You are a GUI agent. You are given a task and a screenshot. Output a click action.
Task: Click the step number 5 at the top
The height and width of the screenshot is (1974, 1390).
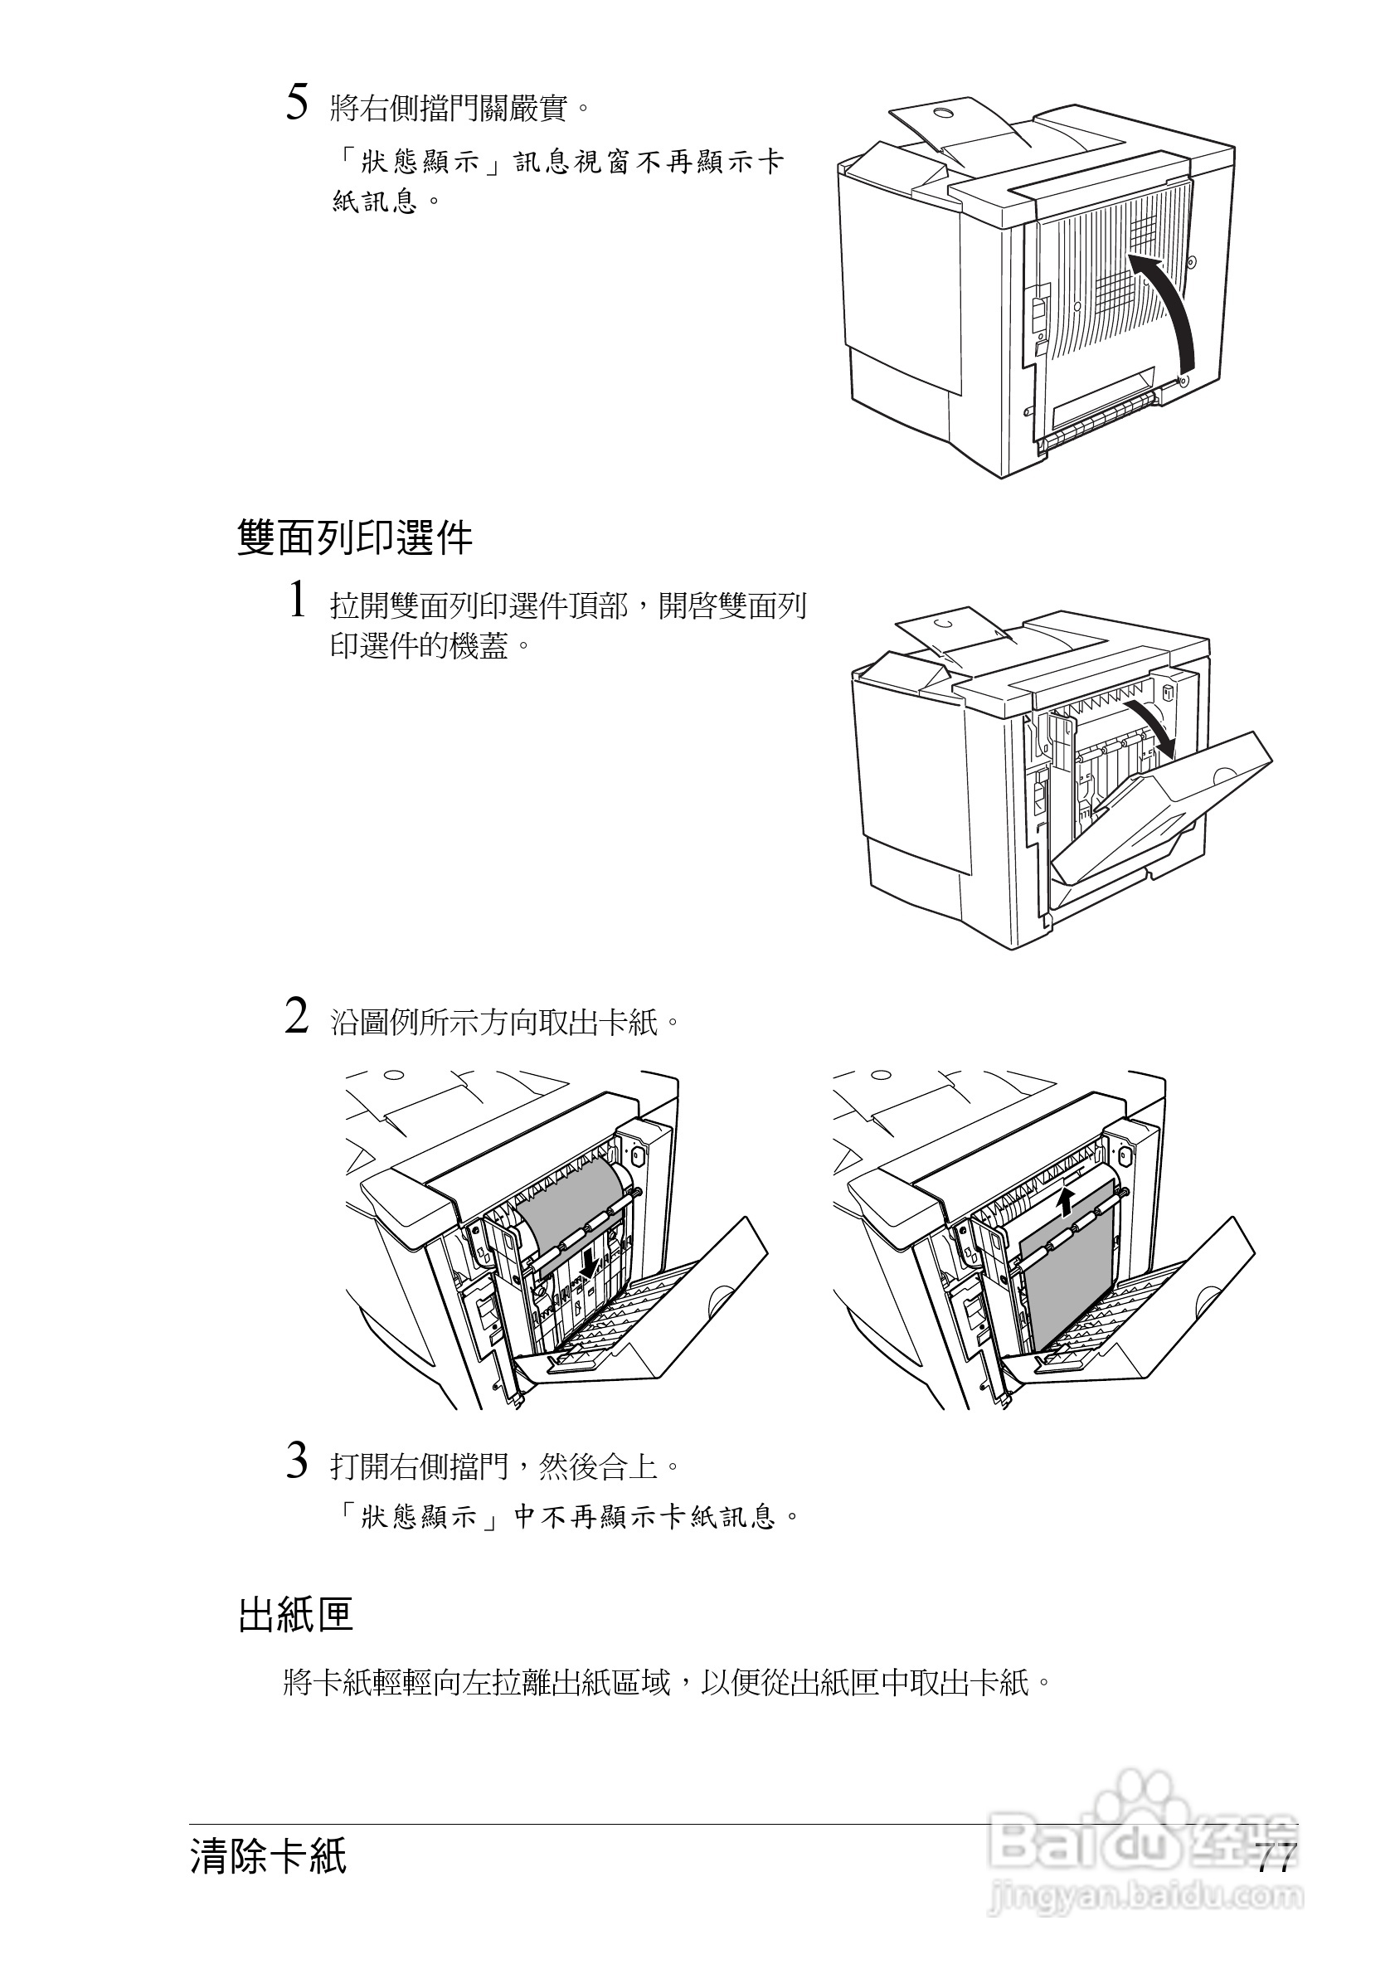[297, 104]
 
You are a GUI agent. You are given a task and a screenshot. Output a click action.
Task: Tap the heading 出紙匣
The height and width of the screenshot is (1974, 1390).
[296, 1615]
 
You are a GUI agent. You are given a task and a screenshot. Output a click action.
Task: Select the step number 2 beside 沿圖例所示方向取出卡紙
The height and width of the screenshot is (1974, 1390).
[297, 1017]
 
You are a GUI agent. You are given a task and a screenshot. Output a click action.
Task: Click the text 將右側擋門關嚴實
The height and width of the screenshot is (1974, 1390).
[460, 109]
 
